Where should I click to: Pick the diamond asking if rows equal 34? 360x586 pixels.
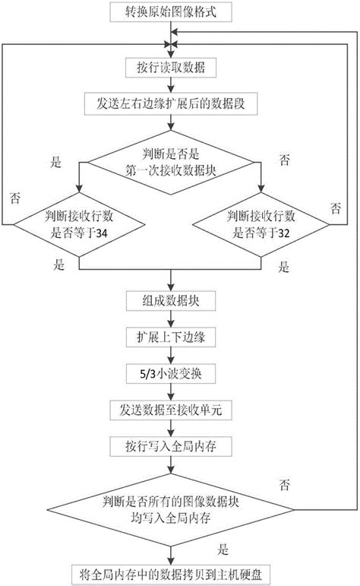point(78,226)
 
